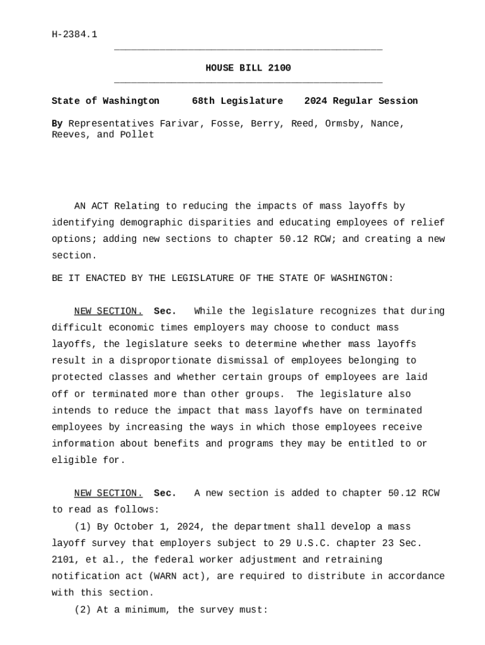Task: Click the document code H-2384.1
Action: tap(74, 34)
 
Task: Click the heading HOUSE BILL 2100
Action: tap(248, 68)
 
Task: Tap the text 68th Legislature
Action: tap(237, 101)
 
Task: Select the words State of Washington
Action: tap(105, 101)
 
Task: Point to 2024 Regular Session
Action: tap(361, 101)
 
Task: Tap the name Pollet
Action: tap(137, 135)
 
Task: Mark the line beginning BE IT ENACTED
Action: tap(222, 278)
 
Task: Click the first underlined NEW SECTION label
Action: tap(108, 311)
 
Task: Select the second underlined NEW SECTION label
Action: tap(108, 493)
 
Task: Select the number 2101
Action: tap(63, 559)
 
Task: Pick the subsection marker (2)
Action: tap(83, 610)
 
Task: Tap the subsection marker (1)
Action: tap(83, 527)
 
